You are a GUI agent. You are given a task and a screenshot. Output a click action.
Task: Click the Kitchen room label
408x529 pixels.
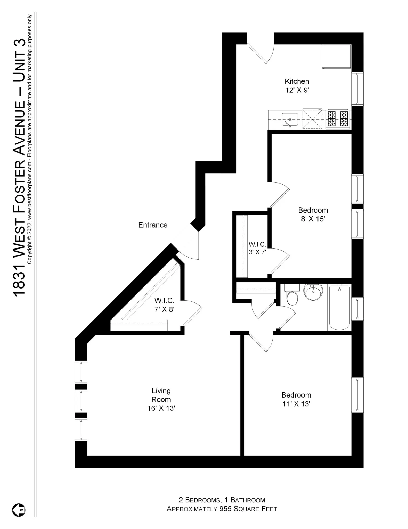coord(297,81)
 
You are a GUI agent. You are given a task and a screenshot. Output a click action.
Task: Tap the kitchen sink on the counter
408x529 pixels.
coord(290,119)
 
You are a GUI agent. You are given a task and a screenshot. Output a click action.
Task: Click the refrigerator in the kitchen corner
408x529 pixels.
coord(336,57)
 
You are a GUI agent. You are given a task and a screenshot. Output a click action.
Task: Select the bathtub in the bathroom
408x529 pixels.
coord(339,307)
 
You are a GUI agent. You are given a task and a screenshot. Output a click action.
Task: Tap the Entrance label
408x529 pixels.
coord(153,225)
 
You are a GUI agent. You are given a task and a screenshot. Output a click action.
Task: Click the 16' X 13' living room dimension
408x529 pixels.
coord(161,408)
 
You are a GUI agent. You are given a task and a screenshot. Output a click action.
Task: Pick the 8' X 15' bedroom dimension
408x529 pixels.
coord(313,219)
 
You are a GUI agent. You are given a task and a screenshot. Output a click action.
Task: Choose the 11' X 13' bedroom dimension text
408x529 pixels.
coord(296,404)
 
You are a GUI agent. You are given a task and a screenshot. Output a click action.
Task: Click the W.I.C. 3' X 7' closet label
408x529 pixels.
coord(257,248)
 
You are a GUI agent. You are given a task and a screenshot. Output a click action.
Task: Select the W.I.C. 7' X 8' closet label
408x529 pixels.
coord(164,305)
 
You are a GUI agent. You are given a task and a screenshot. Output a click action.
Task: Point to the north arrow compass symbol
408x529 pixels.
coord(19,510)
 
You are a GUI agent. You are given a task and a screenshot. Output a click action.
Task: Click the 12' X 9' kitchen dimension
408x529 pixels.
coord(297,90)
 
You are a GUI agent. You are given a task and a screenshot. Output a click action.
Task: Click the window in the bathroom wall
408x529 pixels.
coord(357,309)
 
